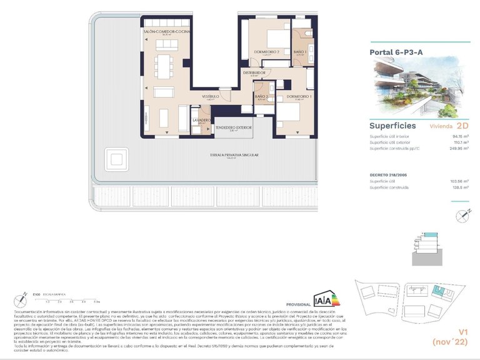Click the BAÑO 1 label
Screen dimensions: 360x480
pos(300,51)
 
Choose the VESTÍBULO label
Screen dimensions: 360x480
pos(209,97)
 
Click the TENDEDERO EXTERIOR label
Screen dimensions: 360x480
pos(234,127)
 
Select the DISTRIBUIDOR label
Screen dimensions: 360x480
pos(254,72)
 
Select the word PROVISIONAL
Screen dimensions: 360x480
pos(298,302)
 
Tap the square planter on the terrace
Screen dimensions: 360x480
pos(116,158)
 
